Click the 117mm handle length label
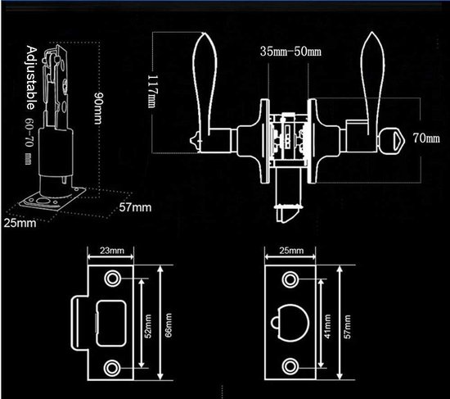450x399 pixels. [152, 92]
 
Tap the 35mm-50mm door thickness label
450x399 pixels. [290, 52]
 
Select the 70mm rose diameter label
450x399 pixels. [426, 138]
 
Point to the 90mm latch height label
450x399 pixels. [98, 108]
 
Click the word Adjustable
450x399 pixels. [31, 78]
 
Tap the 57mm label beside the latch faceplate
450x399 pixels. [135, 207]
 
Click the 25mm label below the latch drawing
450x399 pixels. [20, 223]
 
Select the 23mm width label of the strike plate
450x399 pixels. [112, 251]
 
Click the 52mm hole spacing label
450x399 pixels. [148, 326]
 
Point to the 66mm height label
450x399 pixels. [169, 325]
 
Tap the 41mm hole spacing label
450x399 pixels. [327, 326]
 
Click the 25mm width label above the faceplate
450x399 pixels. [291, 251]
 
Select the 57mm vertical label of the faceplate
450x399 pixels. [347, 327]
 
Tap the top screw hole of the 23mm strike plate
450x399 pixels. [112, 279]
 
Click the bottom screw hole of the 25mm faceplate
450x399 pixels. [290, 366]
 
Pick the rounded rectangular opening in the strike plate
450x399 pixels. [111, 324]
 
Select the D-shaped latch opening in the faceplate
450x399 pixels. [290, 323]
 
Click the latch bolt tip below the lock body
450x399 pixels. [287, 214]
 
